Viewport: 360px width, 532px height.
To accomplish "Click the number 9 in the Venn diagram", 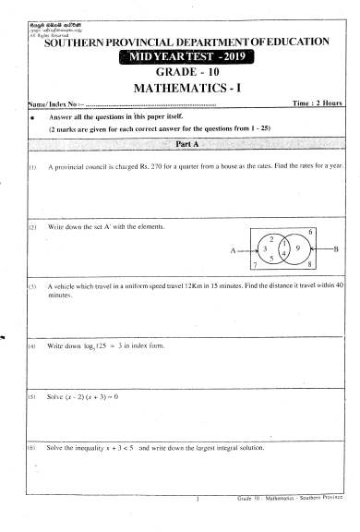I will coord(297,249).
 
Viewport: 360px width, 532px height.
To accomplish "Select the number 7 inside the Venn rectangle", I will coord(256,264).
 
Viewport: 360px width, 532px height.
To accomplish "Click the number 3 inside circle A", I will coord(265,248).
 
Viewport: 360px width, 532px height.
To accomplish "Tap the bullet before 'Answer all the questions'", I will coord(32,119).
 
